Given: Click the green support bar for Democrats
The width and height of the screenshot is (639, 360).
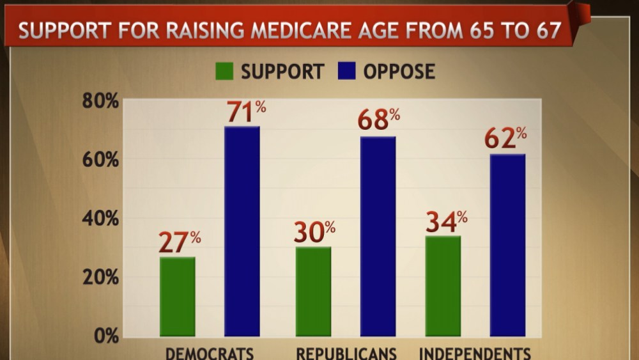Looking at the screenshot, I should [x=178, y=297].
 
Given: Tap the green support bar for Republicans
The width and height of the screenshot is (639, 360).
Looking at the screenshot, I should [x=313, y=292].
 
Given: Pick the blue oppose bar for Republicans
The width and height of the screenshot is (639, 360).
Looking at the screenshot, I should [x=378, y=237].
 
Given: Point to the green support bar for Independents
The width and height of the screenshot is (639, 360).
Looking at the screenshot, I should [x=443, y=286].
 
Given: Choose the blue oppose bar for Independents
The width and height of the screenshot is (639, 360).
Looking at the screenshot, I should [x=507, y=246].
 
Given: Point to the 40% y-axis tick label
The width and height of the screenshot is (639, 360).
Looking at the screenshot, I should [x=101, y=219].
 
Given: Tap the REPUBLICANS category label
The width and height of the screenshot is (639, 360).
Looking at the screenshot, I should [x=346, y=354].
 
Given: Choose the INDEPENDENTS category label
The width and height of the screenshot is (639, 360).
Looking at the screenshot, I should [x=474, y=354].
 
